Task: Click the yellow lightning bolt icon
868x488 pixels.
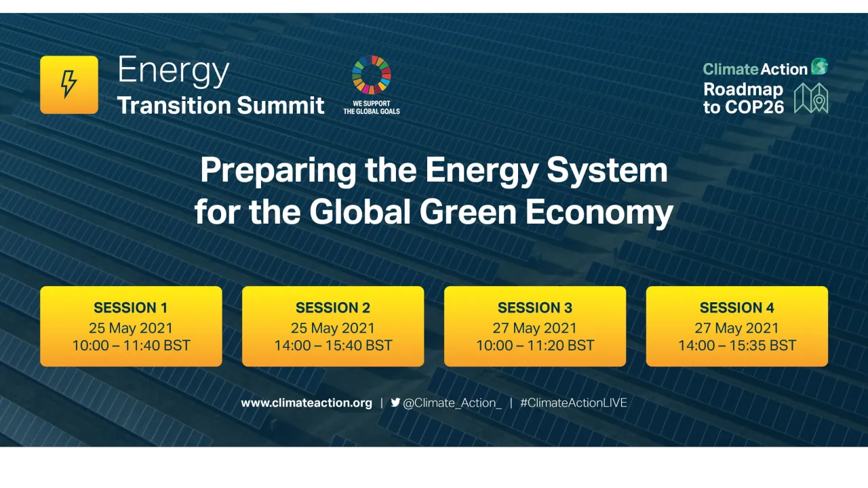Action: point(69,85)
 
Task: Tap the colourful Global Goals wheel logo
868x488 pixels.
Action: point(372,75)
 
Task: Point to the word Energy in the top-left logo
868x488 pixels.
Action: point(174,71)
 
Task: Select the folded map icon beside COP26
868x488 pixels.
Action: point(811,98)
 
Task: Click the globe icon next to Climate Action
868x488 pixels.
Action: point(820,66)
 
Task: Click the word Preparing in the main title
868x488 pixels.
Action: point(278,171)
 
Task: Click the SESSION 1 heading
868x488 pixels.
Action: point(131,308)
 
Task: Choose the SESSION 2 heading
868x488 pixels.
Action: point(333,308)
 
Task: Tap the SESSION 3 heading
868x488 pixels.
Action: point(535,308)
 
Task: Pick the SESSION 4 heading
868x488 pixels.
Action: point(737,308)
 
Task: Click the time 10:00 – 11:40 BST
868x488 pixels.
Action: point(131,346)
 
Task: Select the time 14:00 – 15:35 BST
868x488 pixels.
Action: point(737,346)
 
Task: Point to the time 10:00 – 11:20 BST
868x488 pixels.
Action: point(535,346)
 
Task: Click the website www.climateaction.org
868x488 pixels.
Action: point(307,403)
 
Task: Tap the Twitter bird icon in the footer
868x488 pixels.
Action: point(395,402)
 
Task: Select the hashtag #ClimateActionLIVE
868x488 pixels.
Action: point(574,403)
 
